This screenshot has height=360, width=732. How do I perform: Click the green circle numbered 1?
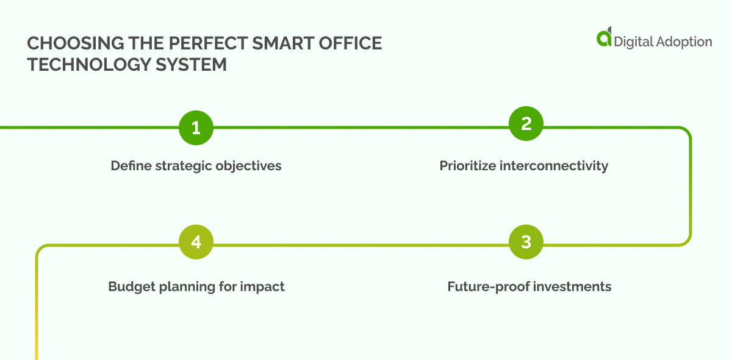point(196,128)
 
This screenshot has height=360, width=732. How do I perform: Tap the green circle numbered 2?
point(526,124)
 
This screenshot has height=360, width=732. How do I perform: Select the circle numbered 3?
point(526,242)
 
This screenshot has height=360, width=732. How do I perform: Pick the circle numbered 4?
point(196,242)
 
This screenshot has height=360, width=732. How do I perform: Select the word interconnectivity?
point(554,165)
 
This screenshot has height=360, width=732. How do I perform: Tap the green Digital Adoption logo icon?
point(604,37)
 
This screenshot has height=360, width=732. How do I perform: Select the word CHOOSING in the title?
point(66,44)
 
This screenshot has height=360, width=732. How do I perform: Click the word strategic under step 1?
point(182,165)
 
